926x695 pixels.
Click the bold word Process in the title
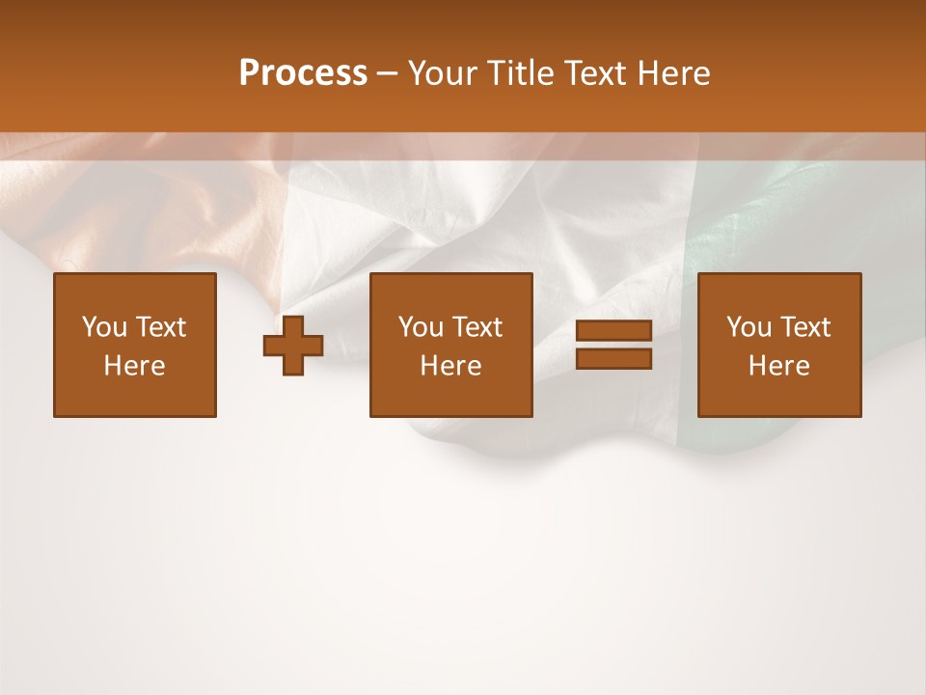(x=303, y=73)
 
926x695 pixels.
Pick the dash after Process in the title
(x=387, y=74)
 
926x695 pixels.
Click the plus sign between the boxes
(x=293, y=346)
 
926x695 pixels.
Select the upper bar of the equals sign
(x=613, y=331)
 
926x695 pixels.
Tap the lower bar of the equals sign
(x=613, y=359)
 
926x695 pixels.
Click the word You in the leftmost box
(x=104, y=327)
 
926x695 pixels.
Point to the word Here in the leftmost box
(x=135, y=366)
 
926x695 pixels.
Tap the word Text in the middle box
(x=477, y=327)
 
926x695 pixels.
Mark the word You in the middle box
(x=421, y=327)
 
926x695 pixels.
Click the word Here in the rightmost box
(x=778, y=366)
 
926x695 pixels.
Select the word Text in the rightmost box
(x=804, y=327)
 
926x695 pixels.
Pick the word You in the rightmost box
(x=749, y=327)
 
